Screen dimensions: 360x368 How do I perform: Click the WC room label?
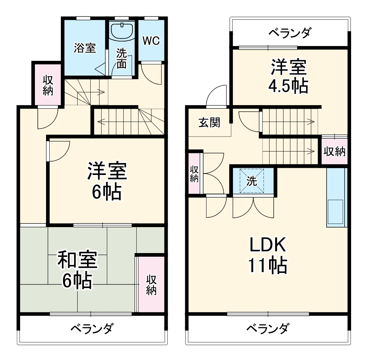[x=151, y=41]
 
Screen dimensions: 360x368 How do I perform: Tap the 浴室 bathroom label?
[x=85, y=48]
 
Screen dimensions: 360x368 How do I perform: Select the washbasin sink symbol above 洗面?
[x=122, y=31]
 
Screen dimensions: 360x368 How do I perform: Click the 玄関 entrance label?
[x=209, y=123]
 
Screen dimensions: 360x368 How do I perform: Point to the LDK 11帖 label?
[x=268, y=255]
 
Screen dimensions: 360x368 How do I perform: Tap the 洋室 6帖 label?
[x=107, y=182]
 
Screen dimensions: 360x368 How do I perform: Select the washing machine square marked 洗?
[x=252, y=181]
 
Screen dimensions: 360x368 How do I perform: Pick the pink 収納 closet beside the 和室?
[x=151, y=285]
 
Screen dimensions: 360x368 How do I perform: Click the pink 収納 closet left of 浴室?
[x=48, y=85]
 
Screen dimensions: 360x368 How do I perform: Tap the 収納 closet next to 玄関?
[x=194, y=174]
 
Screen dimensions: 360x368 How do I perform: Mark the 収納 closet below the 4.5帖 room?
[x=334, y=152]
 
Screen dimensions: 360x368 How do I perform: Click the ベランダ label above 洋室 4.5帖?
[x=289, y=33]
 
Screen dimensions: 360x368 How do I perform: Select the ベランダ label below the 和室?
[x=92, y=329]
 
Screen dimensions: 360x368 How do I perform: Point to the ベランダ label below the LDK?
[x=268, y=329]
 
